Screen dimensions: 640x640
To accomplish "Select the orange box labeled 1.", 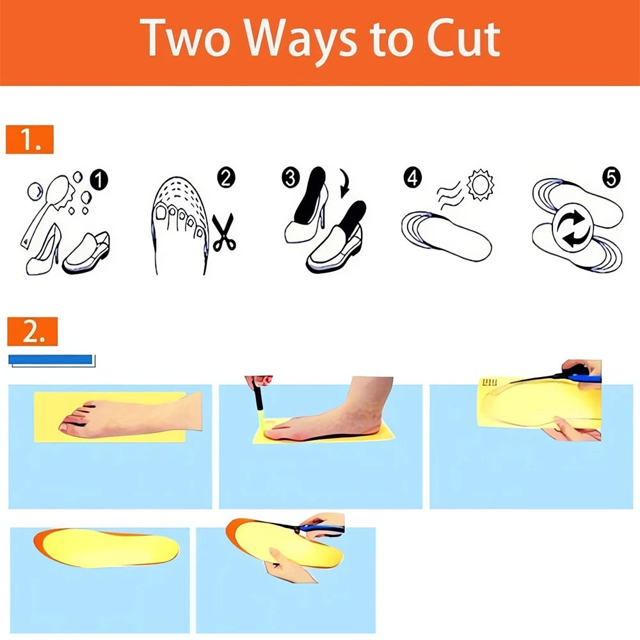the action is [29, 140].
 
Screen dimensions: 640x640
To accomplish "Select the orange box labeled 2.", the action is [32, 332].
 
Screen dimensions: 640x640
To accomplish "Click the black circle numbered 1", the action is [99, 180].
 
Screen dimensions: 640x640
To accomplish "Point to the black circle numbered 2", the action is [226, 177].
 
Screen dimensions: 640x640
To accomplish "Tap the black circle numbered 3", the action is [290, 178].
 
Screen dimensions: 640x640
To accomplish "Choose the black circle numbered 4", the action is [412, 177].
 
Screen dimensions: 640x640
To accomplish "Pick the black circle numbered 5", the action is [611, 177].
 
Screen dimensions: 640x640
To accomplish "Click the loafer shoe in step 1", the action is [86, 253].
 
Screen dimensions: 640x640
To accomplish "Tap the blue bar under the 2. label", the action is [50, 359].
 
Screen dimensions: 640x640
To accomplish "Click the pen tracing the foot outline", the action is [259, 399].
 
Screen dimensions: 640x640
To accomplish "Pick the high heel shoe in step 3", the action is [306, 206].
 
